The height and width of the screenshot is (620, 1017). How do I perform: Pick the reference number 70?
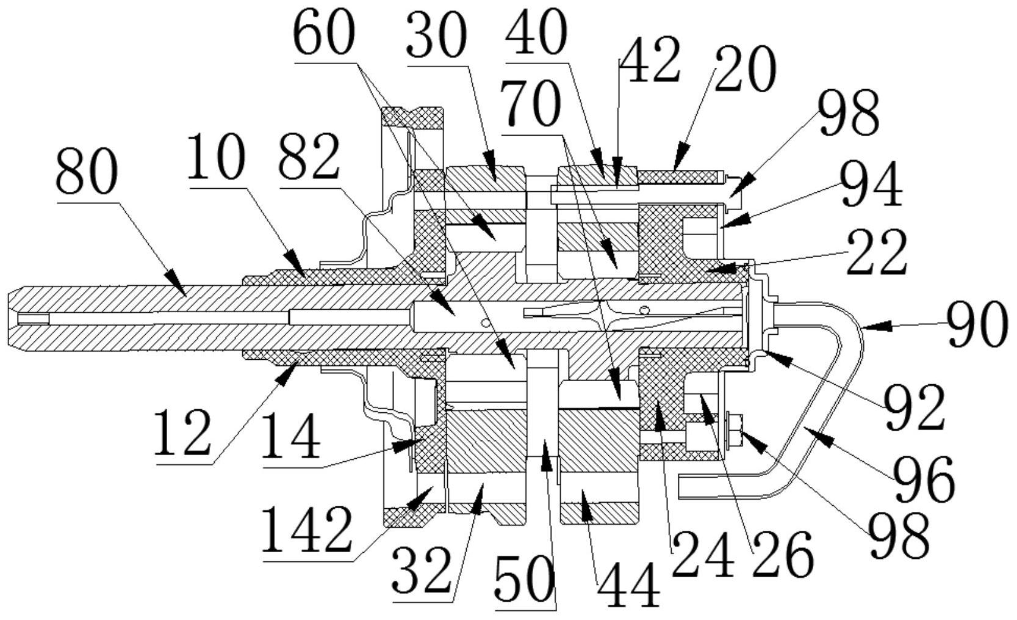pos(530,104)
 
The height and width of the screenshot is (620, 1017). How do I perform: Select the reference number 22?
pos(877,253)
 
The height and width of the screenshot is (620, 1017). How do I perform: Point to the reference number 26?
pos(783,553)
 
